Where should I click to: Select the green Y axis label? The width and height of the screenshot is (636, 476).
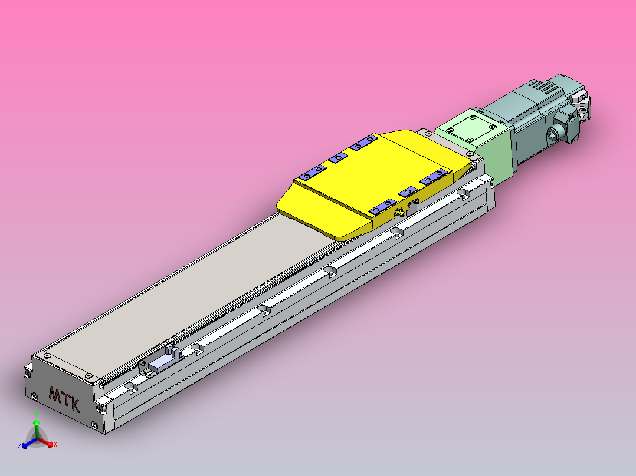pyautogui.click(x=36, y=412)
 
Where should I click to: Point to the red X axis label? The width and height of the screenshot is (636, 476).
pyautogui.click(x=55, y=444)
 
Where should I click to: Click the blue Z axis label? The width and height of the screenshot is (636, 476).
pyautogui.click(x=19, y=446)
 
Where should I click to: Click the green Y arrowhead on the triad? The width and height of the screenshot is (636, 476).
pyautogui.click(x=36, y=423)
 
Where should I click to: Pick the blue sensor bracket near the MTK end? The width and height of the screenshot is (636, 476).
pyautogui.click(x=161, y=363)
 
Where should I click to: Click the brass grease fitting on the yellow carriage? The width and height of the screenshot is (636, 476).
pyautogui.click(x=399, y=211)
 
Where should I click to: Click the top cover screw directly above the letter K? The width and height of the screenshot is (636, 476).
pyautogui.click(x=88, y=376)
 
